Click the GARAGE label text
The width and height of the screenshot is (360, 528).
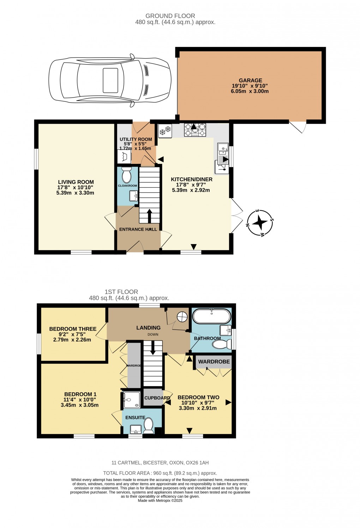click(250, 81)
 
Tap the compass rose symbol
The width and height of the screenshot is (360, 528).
click(260, 223)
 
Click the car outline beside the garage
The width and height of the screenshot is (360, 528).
click(110, 80)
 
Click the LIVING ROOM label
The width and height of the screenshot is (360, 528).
click(76, 182)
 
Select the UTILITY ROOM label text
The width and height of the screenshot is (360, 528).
click(136, 139)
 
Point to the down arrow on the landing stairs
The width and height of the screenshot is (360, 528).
click(152, 348)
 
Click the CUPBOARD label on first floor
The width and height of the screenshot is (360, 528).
click(157, 398)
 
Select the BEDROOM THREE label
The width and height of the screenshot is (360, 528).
click(73, 329)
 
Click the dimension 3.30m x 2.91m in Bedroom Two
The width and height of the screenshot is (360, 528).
click(198, 408)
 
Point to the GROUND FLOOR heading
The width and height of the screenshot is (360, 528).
click(170, 16)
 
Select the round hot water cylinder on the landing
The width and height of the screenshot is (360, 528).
click(182, 317)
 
